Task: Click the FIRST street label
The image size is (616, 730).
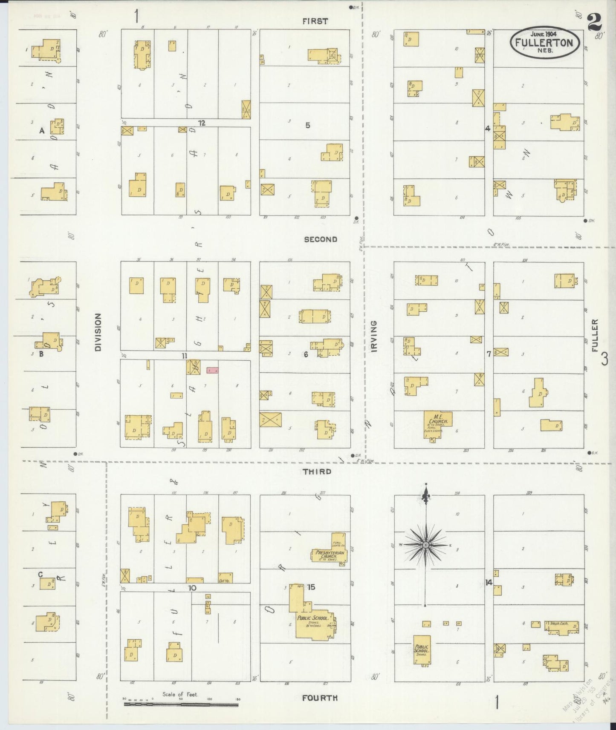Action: pyautogui.click(x=315, y=21)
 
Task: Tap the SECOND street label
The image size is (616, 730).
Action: pyautogui.click(x=321, y=239)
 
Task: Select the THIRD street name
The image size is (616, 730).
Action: pyautogui.click(x=317, y=471)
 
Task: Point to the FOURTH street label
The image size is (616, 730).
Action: pyautogui.click(x=320, y=698)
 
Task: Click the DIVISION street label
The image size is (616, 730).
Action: pyautogui.click(x=98, y=332)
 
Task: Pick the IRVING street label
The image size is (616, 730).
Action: pyautogui.click(x=374, y=336)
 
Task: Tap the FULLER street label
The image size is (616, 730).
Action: pyautogui.click(x=595, y=336)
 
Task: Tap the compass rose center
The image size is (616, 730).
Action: pyautogui.click(x=425, y=545)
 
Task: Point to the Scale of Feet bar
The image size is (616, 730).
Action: pyautogui.click(x=181, y=704)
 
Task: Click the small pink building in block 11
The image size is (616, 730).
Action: pyautogui.click(x=212, y=371)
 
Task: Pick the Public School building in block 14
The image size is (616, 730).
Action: pyautogui.click(x=422, y=650)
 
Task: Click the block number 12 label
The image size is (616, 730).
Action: pyautogui.click(x=202, y=123)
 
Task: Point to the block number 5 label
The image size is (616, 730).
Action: pyautogui.click(x=307, y=125)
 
